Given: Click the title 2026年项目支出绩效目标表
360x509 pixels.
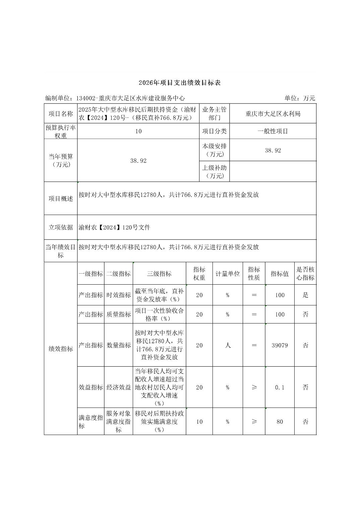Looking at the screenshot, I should [180, 83].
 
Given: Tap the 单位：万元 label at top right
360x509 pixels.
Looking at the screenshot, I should [300, 98].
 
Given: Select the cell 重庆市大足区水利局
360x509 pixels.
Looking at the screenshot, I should [273, 114].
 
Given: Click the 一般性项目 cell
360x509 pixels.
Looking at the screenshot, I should [273, 131].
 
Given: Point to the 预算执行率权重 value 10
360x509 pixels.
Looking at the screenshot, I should [138, 131].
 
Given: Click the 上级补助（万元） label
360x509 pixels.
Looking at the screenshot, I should [215, 171].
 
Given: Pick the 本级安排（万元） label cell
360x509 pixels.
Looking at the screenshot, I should [215, 150].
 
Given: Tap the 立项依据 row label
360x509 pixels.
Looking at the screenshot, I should [61, 227].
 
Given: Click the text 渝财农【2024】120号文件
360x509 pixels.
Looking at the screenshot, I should [115, 228].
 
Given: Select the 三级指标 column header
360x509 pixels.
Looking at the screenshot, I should [159, 274].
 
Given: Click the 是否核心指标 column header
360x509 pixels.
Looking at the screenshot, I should [305, 274].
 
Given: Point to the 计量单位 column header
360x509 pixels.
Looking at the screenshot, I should [228, 274].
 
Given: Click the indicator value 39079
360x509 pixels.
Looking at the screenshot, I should [280, 345].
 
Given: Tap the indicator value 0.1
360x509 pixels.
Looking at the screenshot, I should [280, 387].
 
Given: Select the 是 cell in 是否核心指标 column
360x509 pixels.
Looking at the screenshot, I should [305, 295].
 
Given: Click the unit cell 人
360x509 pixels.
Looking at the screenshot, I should [228, 345].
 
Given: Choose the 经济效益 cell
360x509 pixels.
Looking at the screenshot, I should [119, 387].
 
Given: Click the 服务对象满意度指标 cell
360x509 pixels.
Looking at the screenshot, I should [119, 422].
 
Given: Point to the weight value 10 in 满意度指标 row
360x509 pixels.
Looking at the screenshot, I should [199, 422].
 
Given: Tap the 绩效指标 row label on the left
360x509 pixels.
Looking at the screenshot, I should [61, 349].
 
